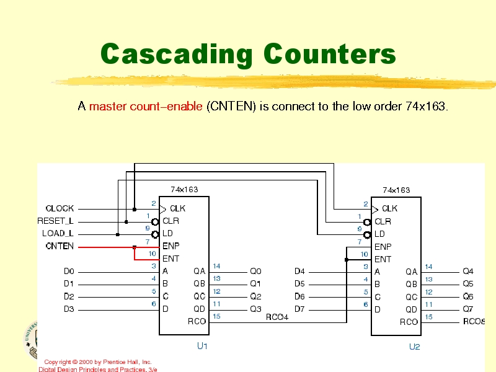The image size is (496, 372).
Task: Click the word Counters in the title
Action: pyautogui.click(x=330, y=55)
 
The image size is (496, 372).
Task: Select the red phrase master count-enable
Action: pyautogui.click(x=146, y=107)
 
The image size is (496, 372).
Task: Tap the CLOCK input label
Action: pyautogui.click(x=60, y=209)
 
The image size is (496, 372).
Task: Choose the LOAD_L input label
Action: pyautogui.click(x=58, y=234)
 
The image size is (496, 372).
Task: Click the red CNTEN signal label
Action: pyautogui.click(x=60, y=246)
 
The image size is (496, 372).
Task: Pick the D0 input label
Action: pyautogui.click(x=69, y=271)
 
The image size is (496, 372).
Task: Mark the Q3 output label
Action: pyautogui.click(x=255, y=309)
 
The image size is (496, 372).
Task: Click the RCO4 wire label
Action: pyautogui.click(x=277, y=317)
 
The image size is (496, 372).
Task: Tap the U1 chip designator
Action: pyautogui.click(x=202, y=346)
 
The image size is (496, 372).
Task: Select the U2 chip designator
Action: pyautogui.click(x=414, y=347)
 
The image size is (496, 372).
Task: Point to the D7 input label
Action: pyautogui.click(x=299, y=309)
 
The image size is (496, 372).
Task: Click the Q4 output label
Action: pyautogui.click(x=468, y=271)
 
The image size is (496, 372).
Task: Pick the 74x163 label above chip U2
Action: pyautogui.click(x=396, y=190)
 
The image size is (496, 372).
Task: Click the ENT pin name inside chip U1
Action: pyautogui.click(x=171, y=259)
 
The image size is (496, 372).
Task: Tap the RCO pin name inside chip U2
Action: pyautogui.click(x=409, y=322)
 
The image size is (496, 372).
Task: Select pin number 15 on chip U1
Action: pyautogui.click(x=216, y=316)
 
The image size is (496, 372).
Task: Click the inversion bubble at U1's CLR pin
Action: pyautogui.click(x=155, y=221)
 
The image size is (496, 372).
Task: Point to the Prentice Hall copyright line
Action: pyautogui.click(x=98, y=361)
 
